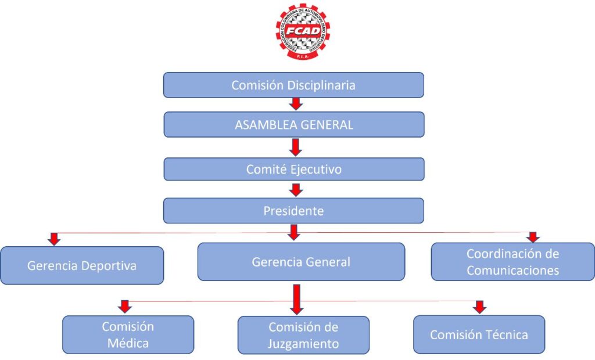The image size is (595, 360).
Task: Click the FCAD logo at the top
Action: pos(302,32)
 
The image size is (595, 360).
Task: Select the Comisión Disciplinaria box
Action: pos(293,85)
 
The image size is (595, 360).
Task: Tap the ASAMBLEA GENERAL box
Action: pos(294,124)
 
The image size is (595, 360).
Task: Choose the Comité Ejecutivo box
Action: pos(294,169)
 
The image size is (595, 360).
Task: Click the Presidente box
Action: pos(293,210)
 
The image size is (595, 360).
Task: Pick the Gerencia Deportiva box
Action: pos(81,265)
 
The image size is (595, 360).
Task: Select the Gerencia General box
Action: pos(301,262)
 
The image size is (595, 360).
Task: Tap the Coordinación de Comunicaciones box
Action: pos(512,262)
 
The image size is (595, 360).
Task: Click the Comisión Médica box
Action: pos(128,334)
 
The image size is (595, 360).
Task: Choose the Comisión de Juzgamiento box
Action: pos(303,335)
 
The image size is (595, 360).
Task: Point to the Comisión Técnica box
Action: pos(479,334)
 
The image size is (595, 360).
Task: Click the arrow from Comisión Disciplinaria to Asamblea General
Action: pos(296,104)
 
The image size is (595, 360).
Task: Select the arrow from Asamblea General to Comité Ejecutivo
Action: pos(296,147)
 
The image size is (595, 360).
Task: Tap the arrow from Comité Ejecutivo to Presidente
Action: pos(296,189)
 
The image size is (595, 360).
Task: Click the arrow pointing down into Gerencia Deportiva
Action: pos(54,239)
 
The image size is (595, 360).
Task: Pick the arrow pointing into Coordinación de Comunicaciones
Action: pos(533,236)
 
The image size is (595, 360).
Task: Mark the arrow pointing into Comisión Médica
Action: pos(124,306)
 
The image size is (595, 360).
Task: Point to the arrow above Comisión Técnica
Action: pos(479,306)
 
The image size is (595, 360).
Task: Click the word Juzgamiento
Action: pos(303,343)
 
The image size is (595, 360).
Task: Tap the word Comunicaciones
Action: pos(512,270)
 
